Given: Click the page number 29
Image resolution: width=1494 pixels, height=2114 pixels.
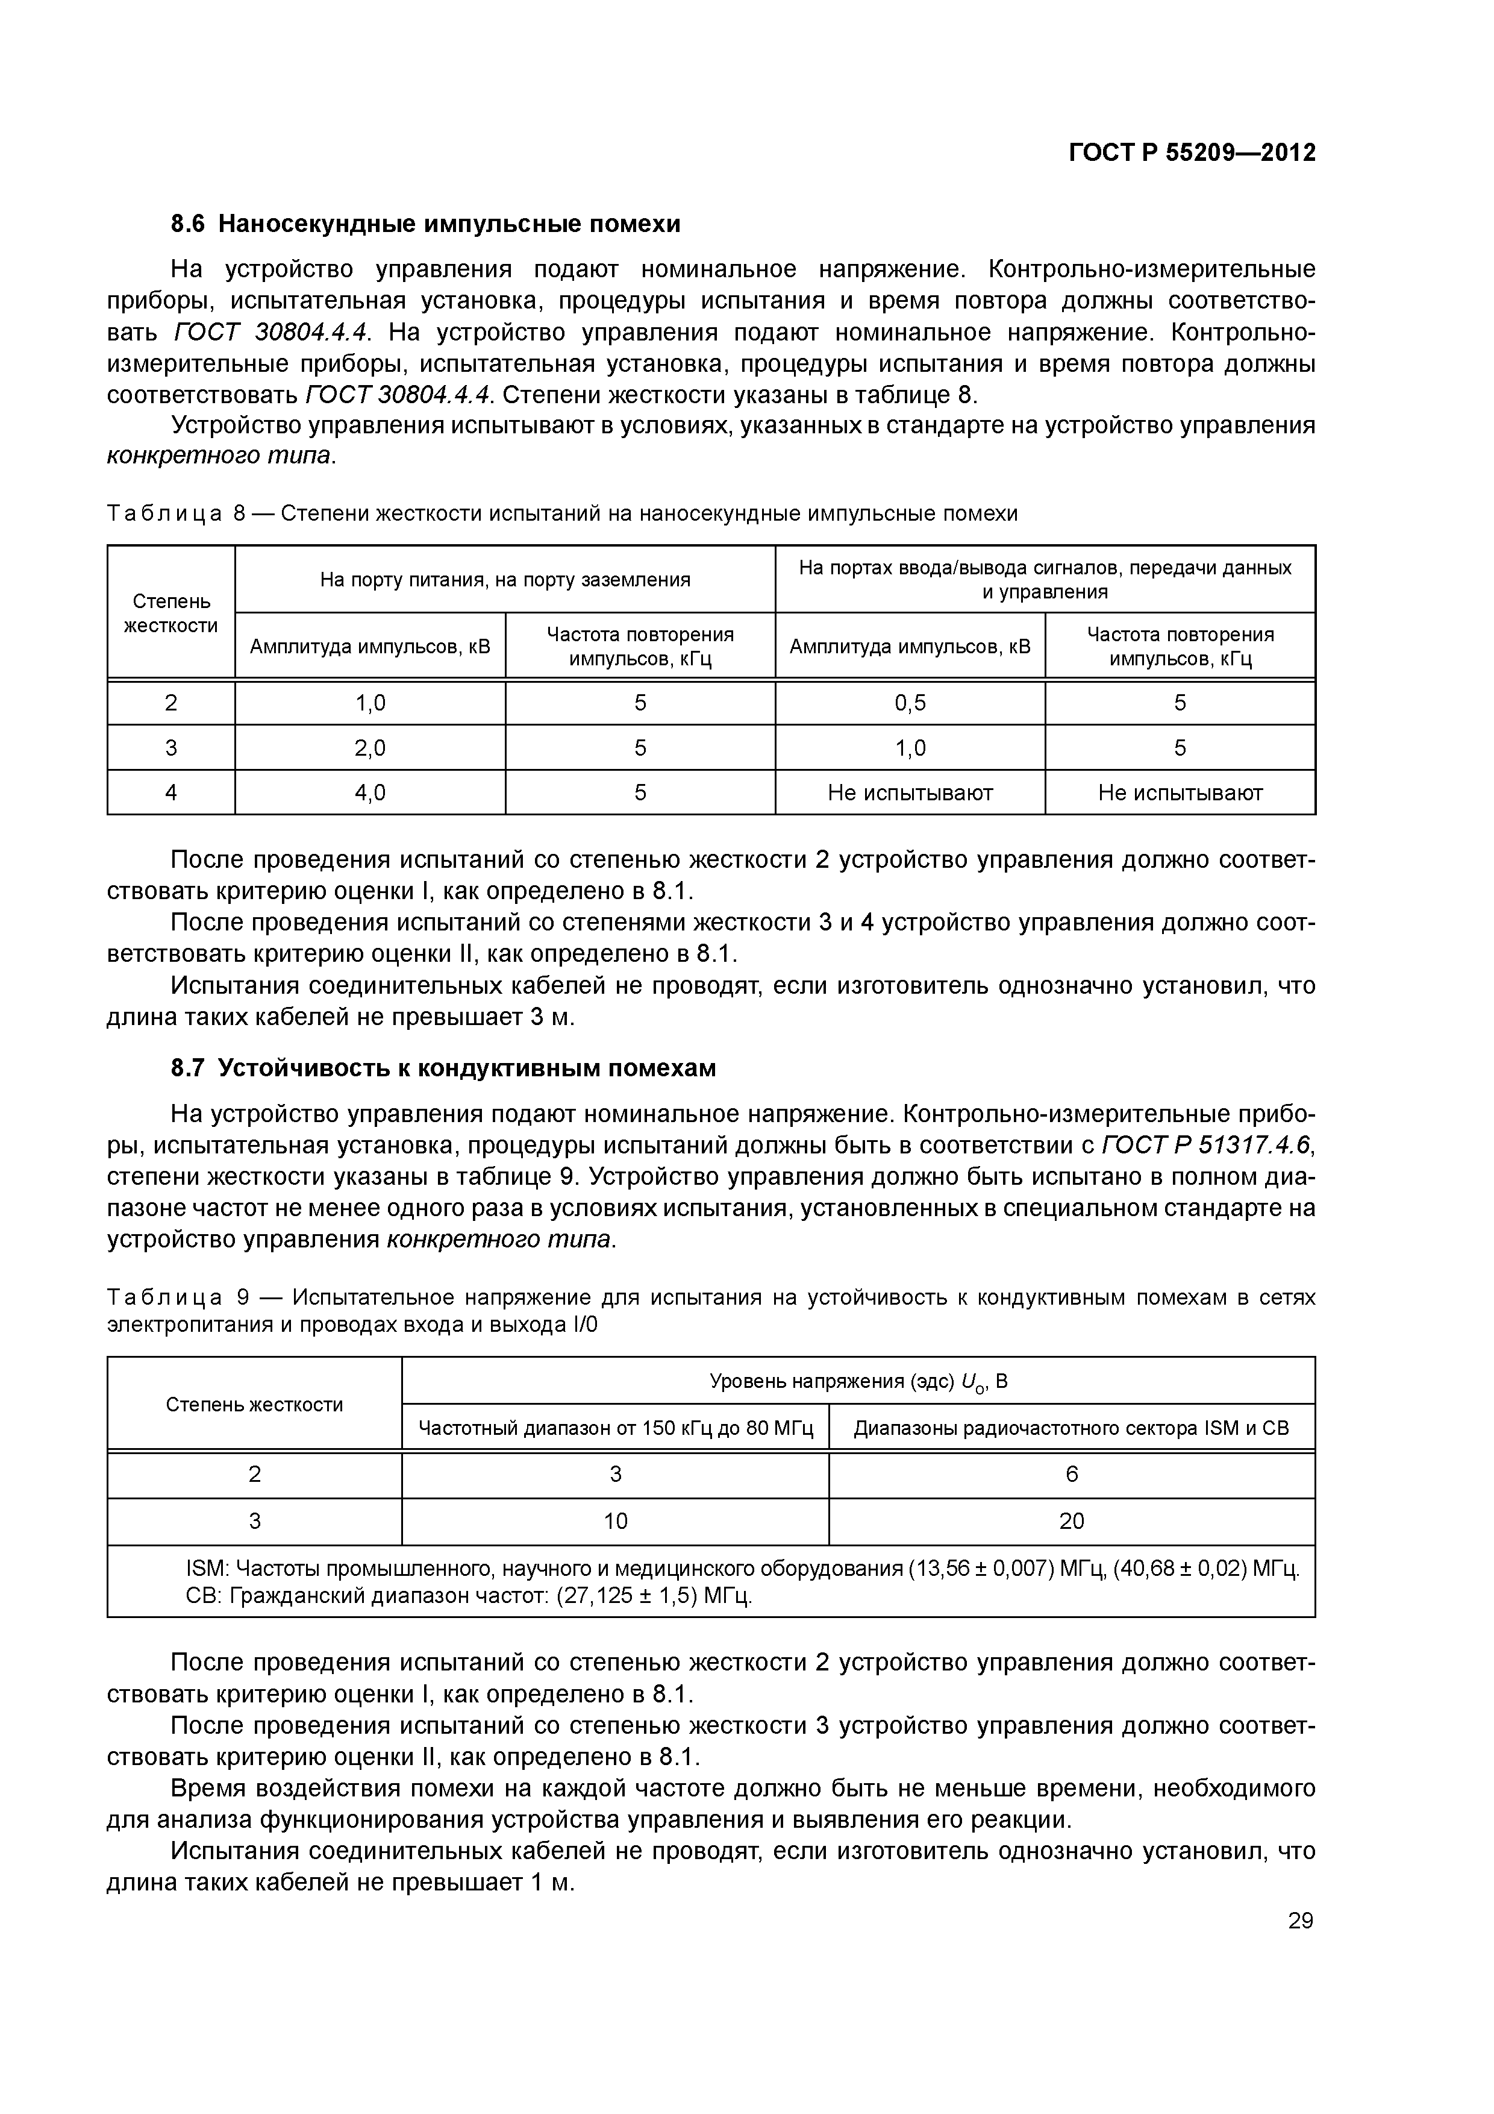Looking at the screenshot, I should (1300, 1921).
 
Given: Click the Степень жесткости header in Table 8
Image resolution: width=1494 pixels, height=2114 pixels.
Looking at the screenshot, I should (171, 613).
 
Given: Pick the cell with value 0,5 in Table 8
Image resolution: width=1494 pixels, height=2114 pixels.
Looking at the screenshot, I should (910, 703).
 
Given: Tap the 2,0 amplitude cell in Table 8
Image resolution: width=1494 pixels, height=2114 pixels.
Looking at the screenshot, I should (370, 748).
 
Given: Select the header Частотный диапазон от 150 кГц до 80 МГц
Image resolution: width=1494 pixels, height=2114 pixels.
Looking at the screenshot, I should (615, 1428).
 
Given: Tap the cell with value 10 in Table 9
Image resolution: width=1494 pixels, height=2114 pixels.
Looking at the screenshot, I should (615, 1521).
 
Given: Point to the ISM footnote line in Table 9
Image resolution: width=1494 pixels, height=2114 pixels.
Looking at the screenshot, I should (742, 1569).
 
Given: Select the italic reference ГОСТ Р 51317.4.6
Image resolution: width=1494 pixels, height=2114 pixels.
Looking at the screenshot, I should (1207, 1146).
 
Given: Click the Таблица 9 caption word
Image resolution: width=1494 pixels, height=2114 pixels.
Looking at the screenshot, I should (164, 1297).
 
